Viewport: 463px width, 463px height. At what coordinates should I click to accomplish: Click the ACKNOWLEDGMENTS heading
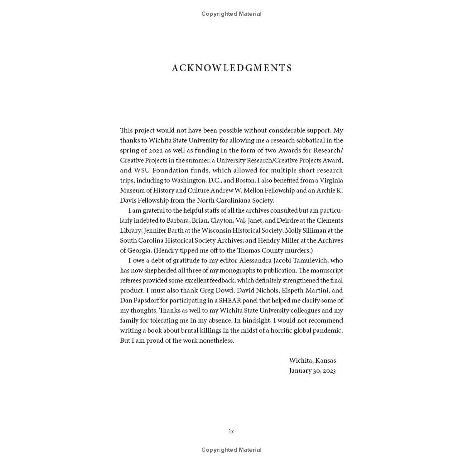pos(232,68)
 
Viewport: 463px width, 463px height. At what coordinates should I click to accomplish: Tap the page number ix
pos(231,431)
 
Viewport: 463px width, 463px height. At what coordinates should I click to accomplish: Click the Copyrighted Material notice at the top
pos(231,14)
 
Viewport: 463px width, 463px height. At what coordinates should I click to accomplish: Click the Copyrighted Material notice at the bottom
pos(231,450)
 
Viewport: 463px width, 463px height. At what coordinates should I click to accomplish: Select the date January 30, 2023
pos(312,371)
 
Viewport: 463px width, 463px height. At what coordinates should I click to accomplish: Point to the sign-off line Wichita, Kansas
pos(312,361)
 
